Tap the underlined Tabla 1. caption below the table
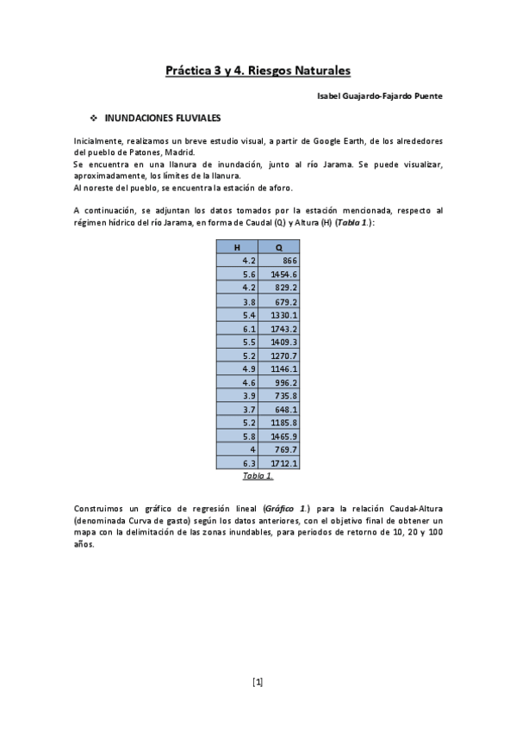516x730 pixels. tap(258, 475)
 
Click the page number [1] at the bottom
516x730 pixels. tap(258, 682)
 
